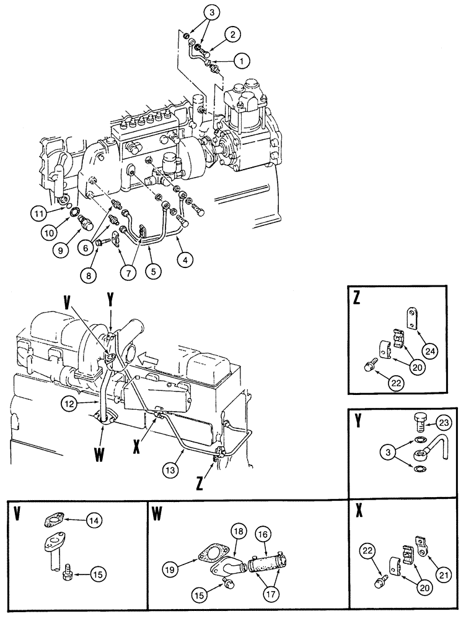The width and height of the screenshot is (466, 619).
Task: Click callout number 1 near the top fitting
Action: [x=240, y=61]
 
